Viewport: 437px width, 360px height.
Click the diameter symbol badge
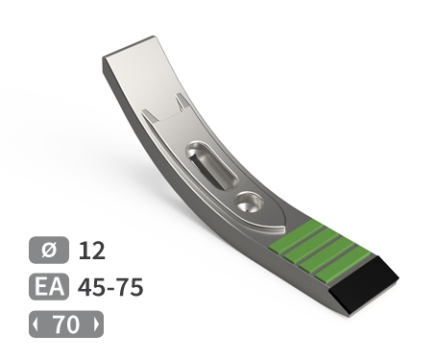pos(49,250)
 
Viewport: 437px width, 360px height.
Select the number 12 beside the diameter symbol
pos(92,251)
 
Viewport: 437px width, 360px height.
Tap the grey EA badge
pos(49,287)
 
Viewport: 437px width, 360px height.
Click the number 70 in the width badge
pos(66,324)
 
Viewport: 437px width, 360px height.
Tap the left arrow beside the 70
pos(36,324)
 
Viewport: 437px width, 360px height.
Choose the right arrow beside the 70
pos(97,324)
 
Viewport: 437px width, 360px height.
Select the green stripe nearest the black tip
pos(343,265)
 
